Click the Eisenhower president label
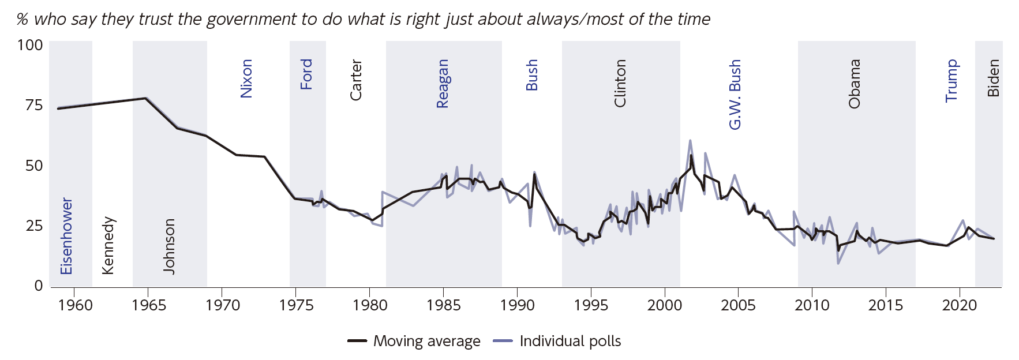[67, 236]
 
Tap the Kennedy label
[108, 245]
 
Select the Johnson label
[168, 246]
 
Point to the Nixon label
[246, 78]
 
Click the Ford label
[306, 74]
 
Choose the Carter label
[355, 80]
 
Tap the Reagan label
[443, 84]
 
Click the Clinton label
[620, 83]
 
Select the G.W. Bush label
[735, 95]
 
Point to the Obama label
[855, 84]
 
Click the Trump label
[951, 81]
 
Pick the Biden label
[993, 78]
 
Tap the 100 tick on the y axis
[30, 45]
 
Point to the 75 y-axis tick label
[34, 105]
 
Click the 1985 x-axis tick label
[443, 305]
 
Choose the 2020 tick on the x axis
[959, 305]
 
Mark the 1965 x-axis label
[148, 305]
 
